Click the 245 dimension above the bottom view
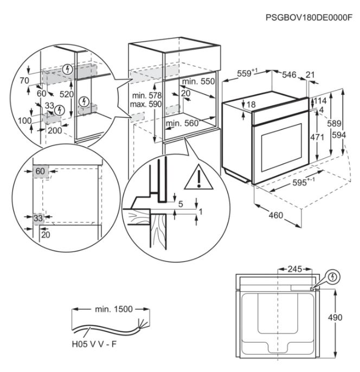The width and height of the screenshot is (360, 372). click(294, 268)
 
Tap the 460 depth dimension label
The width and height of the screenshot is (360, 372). click(277, 215)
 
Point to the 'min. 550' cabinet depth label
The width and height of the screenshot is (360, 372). click(198, 81)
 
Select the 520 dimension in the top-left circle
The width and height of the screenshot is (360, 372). click(67, 94)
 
